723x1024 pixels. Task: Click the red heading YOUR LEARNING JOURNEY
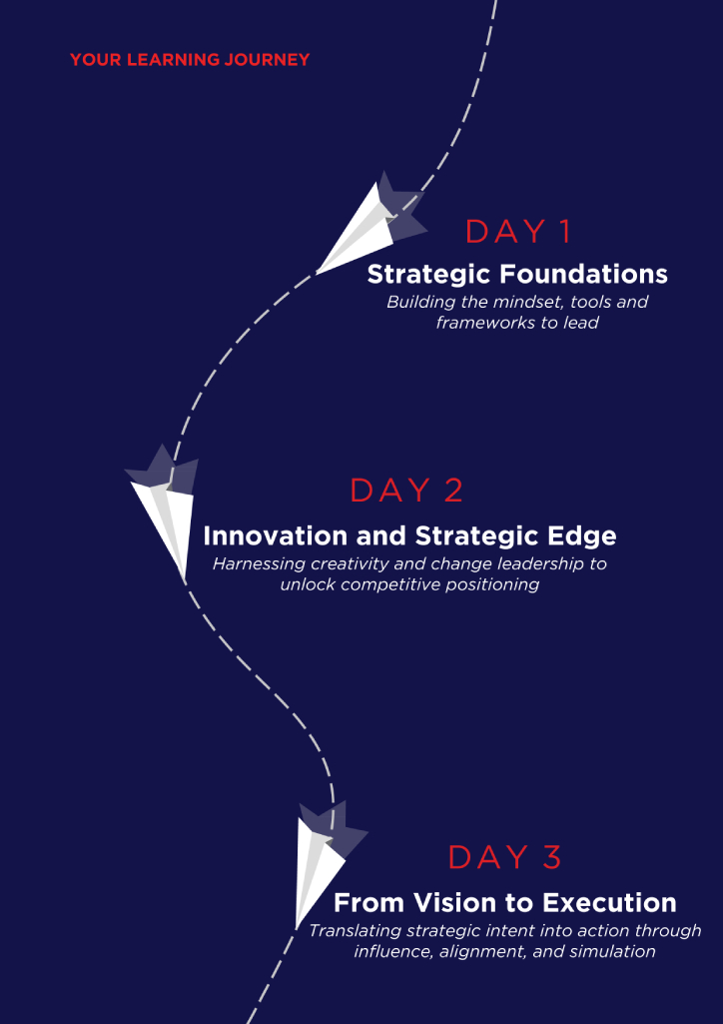(190, 60)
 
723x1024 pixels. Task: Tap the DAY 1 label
(518, 232)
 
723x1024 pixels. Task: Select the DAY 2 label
(406, 491)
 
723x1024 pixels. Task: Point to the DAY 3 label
(505, 857)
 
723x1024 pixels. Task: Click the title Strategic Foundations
(517, 275)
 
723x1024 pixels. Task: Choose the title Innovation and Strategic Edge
(409, 536)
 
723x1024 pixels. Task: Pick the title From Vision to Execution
(505, 903)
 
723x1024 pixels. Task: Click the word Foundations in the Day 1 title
(584, 275)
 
